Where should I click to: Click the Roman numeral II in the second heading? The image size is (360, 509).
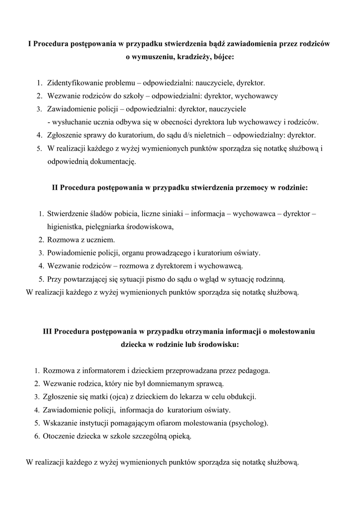click(56, 188)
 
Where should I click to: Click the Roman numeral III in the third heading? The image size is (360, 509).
click(47, 331)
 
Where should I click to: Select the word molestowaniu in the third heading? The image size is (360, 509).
click(293, 331)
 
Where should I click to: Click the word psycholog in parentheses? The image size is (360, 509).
click(248, 423)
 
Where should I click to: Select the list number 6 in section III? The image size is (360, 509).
click(37, 436)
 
